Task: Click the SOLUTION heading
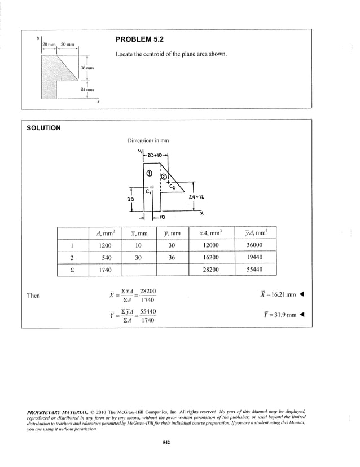pos(43,128)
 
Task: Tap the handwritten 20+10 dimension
pos(153,154)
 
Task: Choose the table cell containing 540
pos(106,258)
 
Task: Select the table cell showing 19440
pos(254,258)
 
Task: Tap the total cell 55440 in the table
pos(254,270)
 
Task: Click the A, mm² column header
pos(106,232)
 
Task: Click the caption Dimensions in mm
pos(150,141)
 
